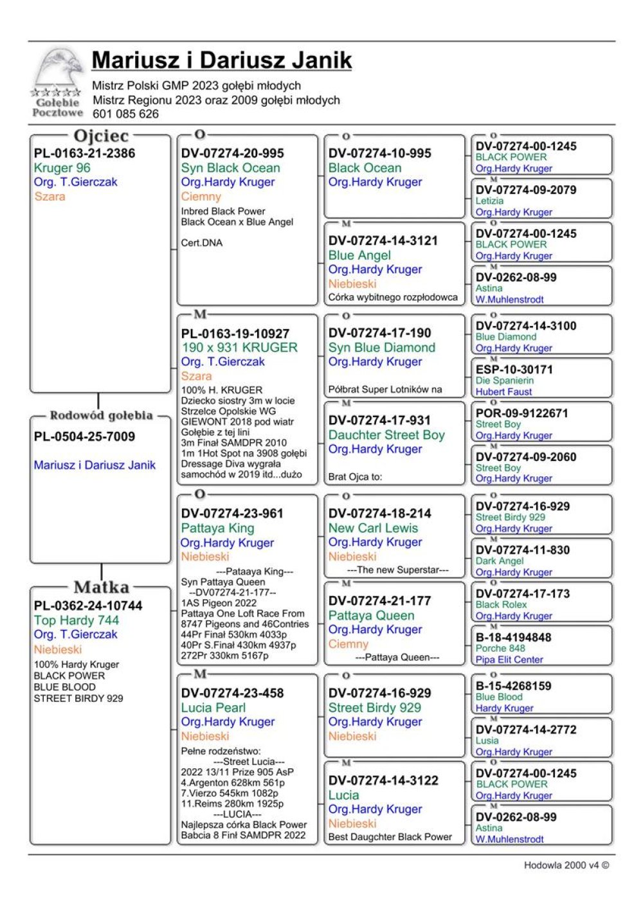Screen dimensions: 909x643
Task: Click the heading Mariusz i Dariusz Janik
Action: pyautogui.click(x=221, y=60)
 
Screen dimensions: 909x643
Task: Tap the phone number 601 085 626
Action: pyautogui.click(x=125, y=114)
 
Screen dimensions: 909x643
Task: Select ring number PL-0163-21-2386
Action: pyautogui.click(x=84, y=153)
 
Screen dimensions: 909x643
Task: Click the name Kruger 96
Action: pyautogui.click(x=62, y=168)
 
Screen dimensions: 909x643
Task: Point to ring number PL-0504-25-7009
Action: pyautogui.click(x=84, y=437)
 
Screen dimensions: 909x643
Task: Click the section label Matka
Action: pyautogui.click(x=102, y=587)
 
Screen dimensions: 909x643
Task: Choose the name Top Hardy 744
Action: pyautogui.click(x=76, y=620)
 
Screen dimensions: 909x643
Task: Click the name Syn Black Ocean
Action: pyautogui.click(x=230, y=168)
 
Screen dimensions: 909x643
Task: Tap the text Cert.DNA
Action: pyautogui.click(x=201, y=243)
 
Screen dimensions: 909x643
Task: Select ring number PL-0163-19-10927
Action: pyautogui.click(x=235, y=334)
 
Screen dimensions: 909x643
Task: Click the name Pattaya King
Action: pyautogui.click(x=217, y=528)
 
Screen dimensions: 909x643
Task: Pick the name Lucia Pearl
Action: pyautogui.click(x=213, y=708)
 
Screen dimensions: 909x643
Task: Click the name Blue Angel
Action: pyautogui.click(x=359, y=255)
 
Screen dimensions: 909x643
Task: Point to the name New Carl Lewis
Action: pyautogui.click(x=373, y=528)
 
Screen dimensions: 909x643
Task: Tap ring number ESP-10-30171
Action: pyautogui.click(x=514, y=370)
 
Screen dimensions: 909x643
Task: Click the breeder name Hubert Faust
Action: pyautogui.click(x=503, y=392)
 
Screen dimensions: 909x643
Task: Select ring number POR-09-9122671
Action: pyautogui.click(x=521, y=413)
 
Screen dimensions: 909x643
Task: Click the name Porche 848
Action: pyautogui.click(x=500, y=648)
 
